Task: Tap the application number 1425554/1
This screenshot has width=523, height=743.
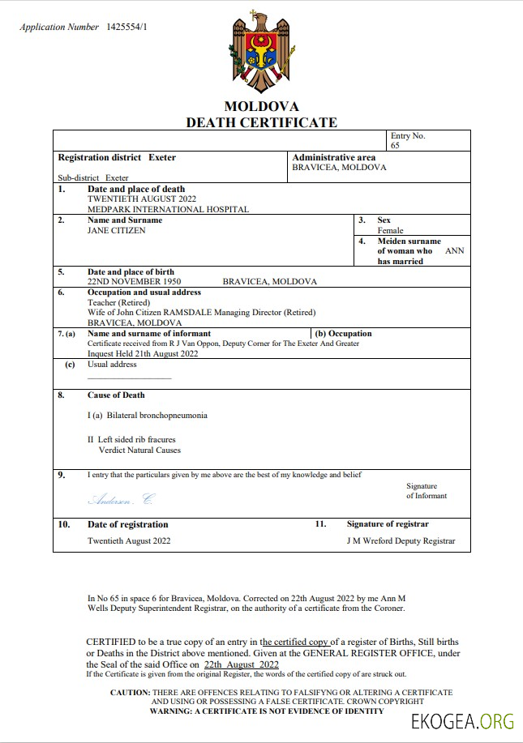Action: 127,27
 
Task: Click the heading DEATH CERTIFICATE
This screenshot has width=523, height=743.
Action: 261,122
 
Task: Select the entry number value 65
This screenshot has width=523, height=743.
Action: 395,146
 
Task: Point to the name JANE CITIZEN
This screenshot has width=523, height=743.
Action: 117,230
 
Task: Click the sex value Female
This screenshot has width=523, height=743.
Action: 390,230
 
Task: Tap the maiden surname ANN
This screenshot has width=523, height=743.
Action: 455,251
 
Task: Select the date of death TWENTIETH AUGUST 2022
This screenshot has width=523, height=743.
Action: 141,199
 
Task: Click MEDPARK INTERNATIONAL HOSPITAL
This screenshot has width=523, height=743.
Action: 168,209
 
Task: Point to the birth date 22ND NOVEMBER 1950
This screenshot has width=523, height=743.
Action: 134,281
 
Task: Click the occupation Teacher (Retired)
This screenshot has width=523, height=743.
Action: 118,302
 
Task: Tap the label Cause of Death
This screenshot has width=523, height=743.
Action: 116,395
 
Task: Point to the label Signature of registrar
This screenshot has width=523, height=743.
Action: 388,524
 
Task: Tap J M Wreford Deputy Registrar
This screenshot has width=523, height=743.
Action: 401,540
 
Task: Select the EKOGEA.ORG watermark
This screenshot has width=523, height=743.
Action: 463,721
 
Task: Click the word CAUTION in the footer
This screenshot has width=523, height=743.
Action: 130,693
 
